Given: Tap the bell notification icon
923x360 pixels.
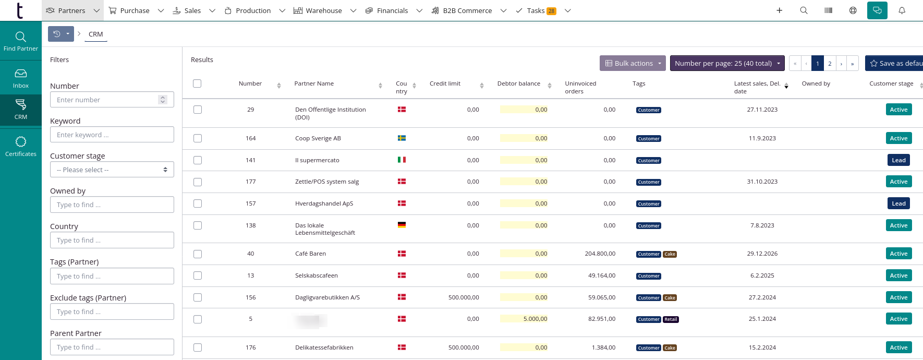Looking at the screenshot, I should point(902,10).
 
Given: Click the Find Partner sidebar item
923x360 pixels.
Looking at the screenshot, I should point(21,41).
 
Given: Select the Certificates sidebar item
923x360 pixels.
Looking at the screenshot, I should point(21,147).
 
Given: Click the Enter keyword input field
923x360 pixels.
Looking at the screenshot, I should point(112,135).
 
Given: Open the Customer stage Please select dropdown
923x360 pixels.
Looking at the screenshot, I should point(112,170).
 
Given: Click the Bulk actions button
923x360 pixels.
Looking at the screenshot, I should point(633,63).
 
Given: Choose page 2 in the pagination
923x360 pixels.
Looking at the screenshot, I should point(830,64).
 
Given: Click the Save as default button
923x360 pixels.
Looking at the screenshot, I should point(895,63).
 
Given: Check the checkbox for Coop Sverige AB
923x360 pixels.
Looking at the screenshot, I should point(197,138).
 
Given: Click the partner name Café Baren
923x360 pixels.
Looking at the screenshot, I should point(310,254).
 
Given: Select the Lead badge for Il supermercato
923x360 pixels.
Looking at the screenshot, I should point(898,160).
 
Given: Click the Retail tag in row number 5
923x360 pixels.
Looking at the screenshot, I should point(671,319).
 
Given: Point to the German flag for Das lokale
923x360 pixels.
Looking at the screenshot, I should point(402,225).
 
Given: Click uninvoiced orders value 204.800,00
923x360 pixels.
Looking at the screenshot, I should point(600,254).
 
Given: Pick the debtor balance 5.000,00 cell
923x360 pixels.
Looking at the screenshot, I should point(535,319).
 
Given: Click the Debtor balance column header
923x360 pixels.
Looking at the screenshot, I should point(519,83).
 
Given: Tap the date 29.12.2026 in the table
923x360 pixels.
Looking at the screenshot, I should point(762,254).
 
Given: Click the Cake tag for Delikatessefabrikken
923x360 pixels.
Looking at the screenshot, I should point(670,348).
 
